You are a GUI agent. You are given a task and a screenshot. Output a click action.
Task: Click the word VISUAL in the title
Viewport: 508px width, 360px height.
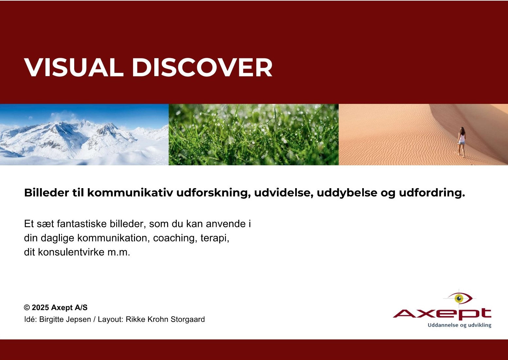coord(74,68)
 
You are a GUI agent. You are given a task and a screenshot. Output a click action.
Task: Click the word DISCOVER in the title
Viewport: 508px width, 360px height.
coord(202,68)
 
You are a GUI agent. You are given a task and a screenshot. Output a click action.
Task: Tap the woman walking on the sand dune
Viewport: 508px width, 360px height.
coord(461,141)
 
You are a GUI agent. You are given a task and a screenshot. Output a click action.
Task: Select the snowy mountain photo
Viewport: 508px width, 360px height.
coord(84,135)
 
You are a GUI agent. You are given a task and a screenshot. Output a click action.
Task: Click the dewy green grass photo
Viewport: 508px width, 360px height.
coord(253,135)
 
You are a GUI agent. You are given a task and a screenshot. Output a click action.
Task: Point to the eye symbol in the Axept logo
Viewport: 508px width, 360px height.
coord(460,298)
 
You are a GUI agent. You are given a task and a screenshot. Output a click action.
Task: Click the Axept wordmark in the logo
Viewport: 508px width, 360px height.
coord(442,314)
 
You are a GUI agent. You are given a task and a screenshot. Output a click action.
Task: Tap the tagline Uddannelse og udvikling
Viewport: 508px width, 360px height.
coord(459,325)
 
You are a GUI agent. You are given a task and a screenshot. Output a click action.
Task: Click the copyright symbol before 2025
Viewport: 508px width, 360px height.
coord(27,308)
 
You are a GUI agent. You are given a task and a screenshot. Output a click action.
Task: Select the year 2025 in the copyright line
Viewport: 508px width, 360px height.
coord(40,308)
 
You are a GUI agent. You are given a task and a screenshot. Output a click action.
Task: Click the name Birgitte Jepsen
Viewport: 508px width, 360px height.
coord(65,319)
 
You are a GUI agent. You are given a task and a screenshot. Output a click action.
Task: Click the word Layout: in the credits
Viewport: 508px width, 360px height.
coord(110,319)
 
